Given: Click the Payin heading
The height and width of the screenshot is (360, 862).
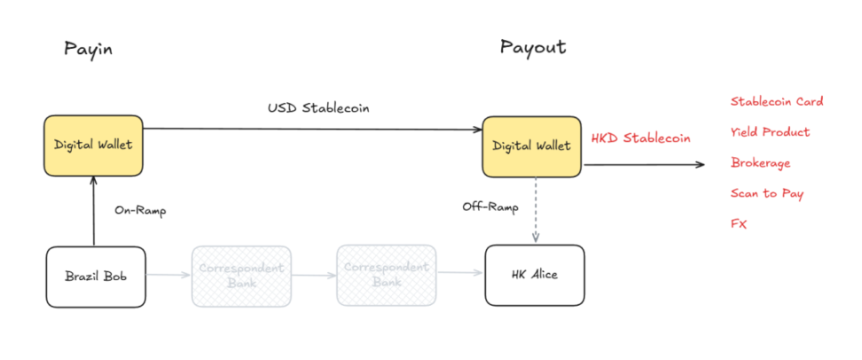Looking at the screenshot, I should click(x=88, y=49).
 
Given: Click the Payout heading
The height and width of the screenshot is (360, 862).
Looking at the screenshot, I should click(x=532, y=47).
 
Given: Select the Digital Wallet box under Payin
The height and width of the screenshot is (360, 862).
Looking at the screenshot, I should click(x=93, y=145).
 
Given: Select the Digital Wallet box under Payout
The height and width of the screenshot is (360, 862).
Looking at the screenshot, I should click(x=531, y=145).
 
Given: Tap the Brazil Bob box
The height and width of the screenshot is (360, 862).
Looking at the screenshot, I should click(x=95, y=276).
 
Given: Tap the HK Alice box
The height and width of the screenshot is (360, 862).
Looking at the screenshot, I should click(x=535, y=275).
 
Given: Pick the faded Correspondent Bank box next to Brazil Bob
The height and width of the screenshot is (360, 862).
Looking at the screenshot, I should click(x=241, y=276).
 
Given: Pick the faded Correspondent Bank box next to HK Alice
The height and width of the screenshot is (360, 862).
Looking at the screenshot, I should click(x=387, y=276).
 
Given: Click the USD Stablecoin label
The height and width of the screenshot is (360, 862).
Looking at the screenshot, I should click(x=318, y=108).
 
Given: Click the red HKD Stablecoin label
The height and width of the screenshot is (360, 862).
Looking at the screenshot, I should click(x=640, y=138).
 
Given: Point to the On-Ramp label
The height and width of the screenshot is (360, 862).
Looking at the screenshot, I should click(x=140, y=211).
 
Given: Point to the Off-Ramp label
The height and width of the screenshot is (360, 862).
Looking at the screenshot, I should click(x=490, y=207).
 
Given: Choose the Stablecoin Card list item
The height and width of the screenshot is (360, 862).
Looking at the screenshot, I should click(x=777, y=101).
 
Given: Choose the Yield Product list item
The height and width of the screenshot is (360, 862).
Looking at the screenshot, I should click(x=770, y=132).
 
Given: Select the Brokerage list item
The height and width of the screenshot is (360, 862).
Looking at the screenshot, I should click(x=760, y=163).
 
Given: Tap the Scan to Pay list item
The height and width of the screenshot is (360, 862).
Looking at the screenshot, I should click(x=766, y=193).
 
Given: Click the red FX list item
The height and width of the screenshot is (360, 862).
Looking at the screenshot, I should click(x=739, y=224).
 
